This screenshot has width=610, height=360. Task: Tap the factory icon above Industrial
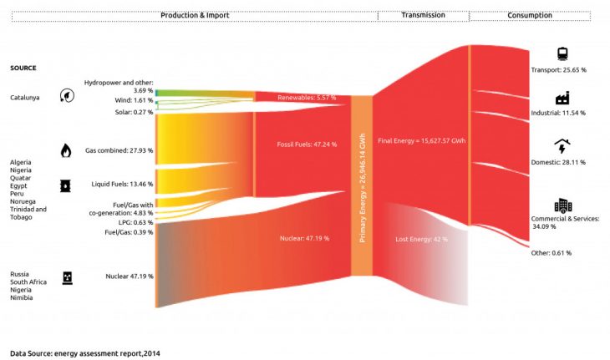click(562, 99)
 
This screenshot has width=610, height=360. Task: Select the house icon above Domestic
click(562, 146)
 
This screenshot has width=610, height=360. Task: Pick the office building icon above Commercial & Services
click(562, 205)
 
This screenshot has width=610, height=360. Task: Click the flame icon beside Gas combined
click(65, 150)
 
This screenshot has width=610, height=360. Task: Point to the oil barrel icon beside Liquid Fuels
click(65, 185)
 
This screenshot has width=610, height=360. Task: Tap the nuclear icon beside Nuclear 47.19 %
click(67, 276)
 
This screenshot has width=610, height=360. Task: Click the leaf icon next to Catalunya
click(65, 97)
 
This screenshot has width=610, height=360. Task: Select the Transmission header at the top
click(423, 15)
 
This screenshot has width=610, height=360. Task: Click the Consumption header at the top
click(530, 15)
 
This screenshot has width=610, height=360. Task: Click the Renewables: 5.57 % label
click(307, 98)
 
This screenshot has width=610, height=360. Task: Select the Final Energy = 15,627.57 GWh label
click(421, 139)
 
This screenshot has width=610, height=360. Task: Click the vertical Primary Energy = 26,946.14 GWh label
click(362, 187)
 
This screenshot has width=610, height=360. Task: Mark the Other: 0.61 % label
click(552, 252)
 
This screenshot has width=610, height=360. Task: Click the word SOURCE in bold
click(23, 68)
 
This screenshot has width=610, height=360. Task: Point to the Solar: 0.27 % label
click(133, 112)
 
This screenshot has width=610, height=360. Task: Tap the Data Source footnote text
click(85, 352)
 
